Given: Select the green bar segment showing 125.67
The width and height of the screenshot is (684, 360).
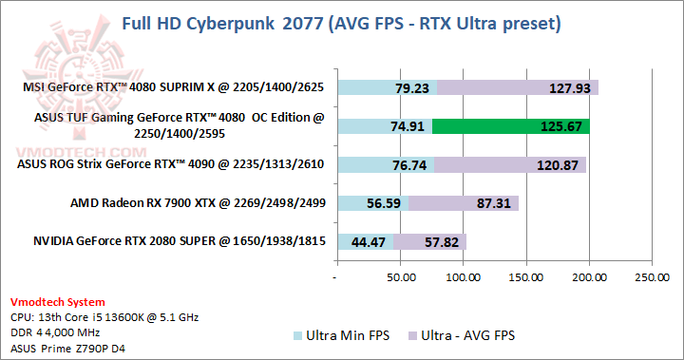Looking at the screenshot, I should click(511, 126).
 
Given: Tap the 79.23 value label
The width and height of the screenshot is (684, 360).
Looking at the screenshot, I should click(413, 88).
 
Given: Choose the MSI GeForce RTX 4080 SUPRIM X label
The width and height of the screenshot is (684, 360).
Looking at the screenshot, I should click(174, 87).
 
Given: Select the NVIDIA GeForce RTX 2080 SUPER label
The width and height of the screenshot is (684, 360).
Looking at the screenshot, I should click(171, 241).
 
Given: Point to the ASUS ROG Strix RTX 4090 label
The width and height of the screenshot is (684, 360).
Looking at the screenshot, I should click(171, 164).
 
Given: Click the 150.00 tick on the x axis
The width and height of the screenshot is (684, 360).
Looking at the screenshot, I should click(526, 277).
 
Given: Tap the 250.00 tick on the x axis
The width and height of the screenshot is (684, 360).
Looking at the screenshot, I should click(652, 277).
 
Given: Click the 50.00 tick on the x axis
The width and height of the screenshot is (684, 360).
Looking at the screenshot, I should click(401, 277).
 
